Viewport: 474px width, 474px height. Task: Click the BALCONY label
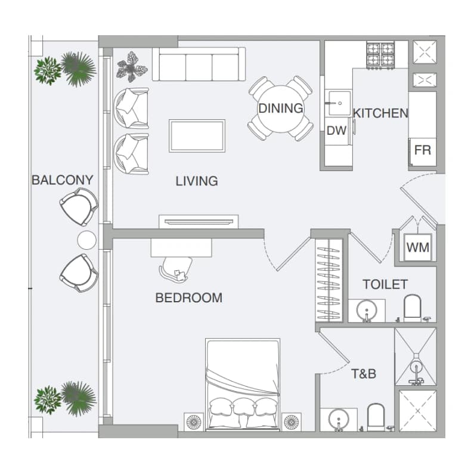click(62, 180)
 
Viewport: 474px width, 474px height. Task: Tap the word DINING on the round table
click(281, 109)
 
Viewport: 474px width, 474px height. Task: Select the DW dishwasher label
click(336, 131)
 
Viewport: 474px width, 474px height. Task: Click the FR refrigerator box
click(423, 152)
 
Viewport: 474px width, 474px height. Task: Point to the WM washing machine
click(418, 247)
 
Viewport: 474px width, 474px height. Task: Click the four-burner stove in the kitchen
click(380, 55)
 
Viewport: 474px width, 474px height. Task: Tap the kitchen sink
click(340, 103)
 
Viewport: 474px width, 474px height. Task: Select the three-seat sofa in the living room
click(199, 64)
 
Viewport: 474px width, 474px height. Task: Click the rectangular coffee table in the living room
click(197, 136)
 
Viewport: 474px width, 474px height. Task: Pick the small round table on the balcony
click(87, 240)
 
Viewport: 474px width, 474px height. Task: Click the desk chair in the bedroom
click(176, 268)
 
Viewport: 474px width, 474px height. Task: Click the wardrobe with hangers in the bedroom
click(329, 280)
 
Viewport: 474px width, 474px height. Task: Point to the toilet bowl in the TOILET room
click(413, 308)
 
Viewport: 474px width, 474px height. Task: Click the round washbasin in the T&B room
click(339, 419)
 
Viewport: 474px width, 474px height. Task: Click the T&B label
click(364, 374)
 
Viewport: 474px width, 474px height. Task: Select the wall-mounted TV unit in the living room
click(199, 222)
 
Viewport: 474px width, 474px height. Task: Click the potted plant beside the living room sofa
click(132, 67)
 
